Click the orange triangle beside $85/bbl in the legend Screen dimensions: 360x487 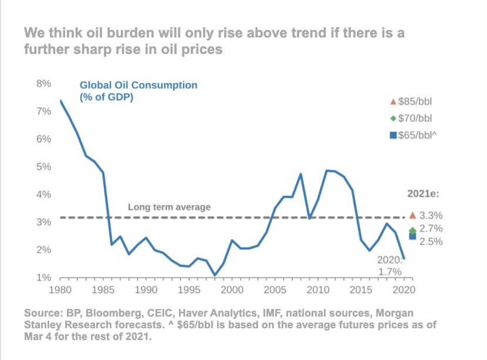[x=393, y=101]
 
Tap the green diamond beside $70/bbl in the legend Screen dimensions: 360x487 [x=393, y=118]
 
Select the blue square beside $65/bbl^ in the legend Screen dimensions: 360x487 [x=393, y=136]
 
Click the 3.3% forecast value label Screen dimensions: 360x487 [x=431, y=216]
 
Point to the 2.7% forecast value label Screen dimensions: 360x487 [x=431, y=229]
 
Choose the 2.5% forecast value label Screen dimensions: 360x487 [x=431, y=242]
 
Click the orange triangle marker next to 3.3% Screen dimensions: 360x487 [x=412, y=215]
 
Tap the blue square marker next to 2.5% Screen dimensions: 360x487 [x=412, y=236]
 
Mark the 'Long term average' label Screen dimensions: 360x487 [x=169, y=207]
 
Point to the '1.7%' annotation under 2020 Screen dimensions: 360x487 [x=389, y=271]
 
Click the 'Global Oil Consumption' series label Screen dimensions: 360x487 [x=138, y=86]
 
